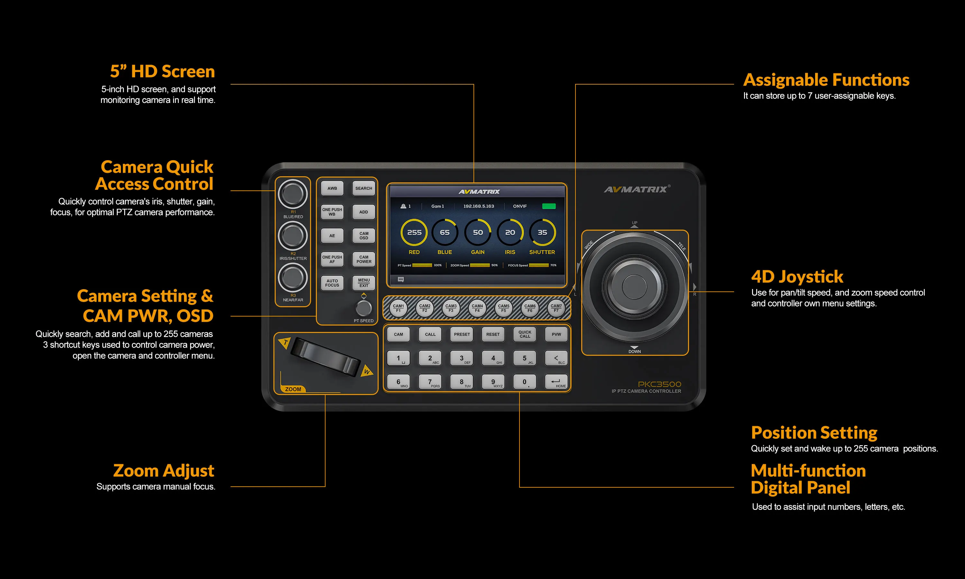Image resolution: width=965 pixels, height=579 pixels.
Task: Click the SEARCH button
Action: click(x=363, y=188)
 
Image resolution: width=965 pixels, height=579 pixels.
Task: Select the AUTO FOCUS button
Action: click(x=332, y=283)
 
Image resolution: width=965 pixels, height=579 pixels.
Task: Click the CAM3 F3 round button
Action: click(x=451, y=308)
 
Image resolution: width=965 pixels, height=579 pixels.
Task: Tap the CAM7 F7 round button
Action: click(x=556, y=308)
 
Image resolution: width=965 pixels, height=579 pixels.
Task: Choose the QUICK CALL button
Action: click(x=525, y=334)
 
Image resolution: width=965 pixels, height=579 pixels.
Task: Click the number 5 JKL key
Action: click(x=525, y=358)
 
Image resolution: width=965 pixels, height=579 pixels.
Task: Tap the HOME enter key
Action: click(x=556, y=382)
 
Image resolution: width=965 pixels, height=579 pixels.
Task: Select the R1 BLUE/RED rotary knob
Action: click(x=292, y=194)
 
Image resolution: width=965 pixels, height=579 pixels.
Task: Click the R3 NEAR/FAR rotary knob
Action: click(x=292, y=277)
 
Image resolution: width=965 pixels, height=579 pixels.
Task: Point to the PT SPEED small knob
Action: click(x=363, y=308)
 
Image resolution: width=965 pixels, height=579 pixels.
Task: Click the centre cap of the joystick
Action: click(x=634, y=286)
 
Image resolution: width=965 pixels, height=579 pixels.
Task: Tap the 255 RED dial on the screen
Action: click(x=414, y=233)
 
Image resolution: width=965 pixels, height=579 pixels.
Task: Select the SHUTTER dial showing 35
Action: click(x=542, y=233)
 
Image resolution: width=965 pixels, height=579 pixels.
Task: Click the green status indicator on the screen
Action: click(x=549, y=206)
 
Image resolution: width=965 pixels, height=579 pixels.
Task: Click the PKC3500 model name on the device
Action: click(x=659, y=384)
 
